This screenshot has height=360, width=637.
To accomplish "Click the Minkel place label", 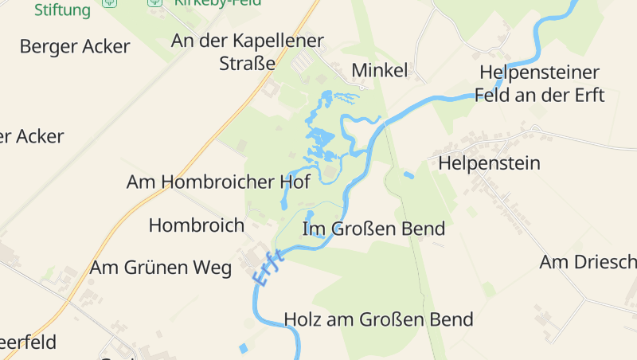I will (379, 70).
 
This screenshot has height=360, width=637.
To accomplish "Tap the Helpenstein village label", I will (489, 163).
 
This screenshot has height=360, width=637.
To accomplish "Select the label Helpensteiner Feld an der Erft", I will (539, 84).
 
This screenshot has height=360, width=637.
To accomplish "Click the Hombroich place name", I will (196, 225).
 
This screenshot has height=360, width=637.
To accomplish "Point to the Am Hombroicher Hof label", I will (218, 182).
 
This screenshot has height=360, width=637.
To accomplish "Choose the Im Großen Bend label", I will (373, 229).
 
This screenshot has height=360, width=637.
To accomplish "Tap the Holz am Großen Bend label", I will (378, 320).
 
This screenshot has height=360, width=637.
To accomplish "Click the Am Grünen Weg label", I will (160, 268).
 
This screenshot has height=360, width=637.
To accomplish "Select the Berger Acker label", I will (74, 46).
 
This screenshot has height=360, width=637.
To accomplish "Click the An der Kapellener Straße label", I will (248, 52).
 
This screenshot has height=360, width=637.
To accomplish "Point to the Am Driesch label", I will (588, 262).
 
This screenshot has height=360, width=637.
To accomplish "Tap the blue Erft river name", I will (268, 268).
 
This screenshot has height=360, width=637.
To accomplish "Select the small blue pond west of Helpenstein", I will (408, 174).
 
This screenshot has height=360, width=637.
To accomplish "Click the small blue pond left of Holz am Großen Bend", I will (243, 347).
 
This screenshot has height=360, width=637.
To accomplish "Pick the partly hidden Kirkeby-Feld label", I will (208, 3).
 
